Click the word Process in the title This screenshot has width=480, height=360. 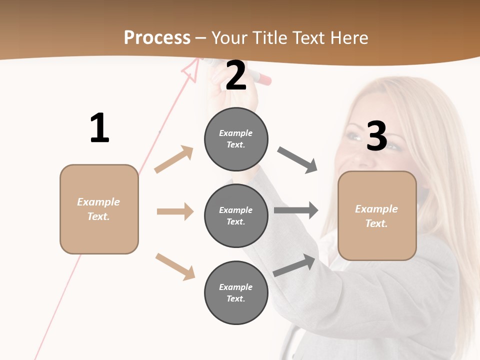157,37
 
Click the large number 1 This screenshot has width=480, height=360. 99,128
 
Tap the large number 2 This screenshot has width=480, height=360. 236,75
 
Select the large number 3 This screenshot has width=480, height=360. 376,136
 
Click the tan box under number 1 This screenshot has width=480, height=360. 99,209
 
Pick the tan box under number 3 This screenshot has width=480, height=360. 377,216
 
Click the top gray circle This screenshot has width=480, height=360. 236,139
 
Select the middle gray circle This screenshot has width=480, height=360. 236,215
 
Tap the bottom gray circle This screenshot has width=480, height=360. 236,292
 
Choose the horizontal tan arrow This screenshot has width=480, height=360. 175,211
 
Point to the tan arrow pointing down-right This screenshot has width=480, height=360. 175,266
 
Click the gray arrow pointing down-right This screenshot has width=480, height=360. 297,159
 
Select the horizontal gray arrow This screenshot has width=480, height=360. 296,210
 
